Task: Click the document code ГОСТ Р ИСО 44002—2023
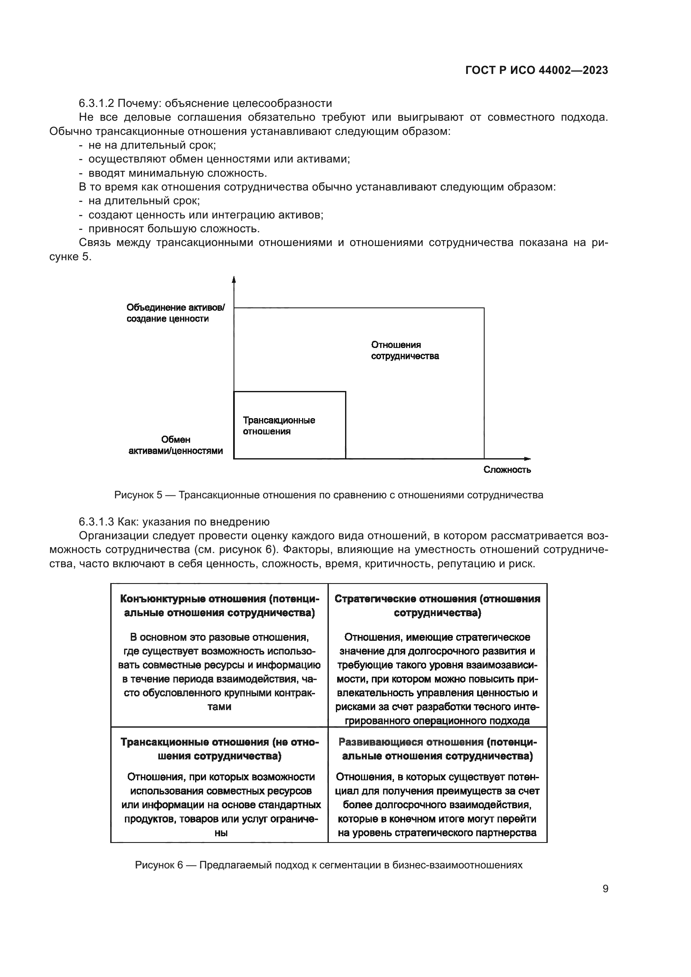tap(536, 70)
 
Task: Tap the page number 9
tap(605, 889)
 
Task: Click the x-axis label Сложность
tap(507, 470)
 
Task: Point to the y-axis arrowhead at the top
tap(234, 279)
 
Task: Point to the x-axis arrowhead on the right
tap(528, 459)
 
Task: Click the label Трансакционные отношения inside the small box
tap(279, 426)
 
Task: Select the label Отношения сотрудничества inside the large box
tap(404, 350)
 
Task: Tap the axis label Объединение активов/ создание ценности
tap(175, 313)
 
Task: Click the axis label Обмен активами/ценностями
tap(175, 445)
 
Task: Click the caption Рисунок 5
tap(328, 495)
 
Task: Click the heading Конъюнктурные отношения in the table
tap(219, 606)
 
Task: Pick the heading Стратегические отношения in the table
tap(437, 606)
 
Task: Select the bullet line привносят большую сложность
tap(174, 228)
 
